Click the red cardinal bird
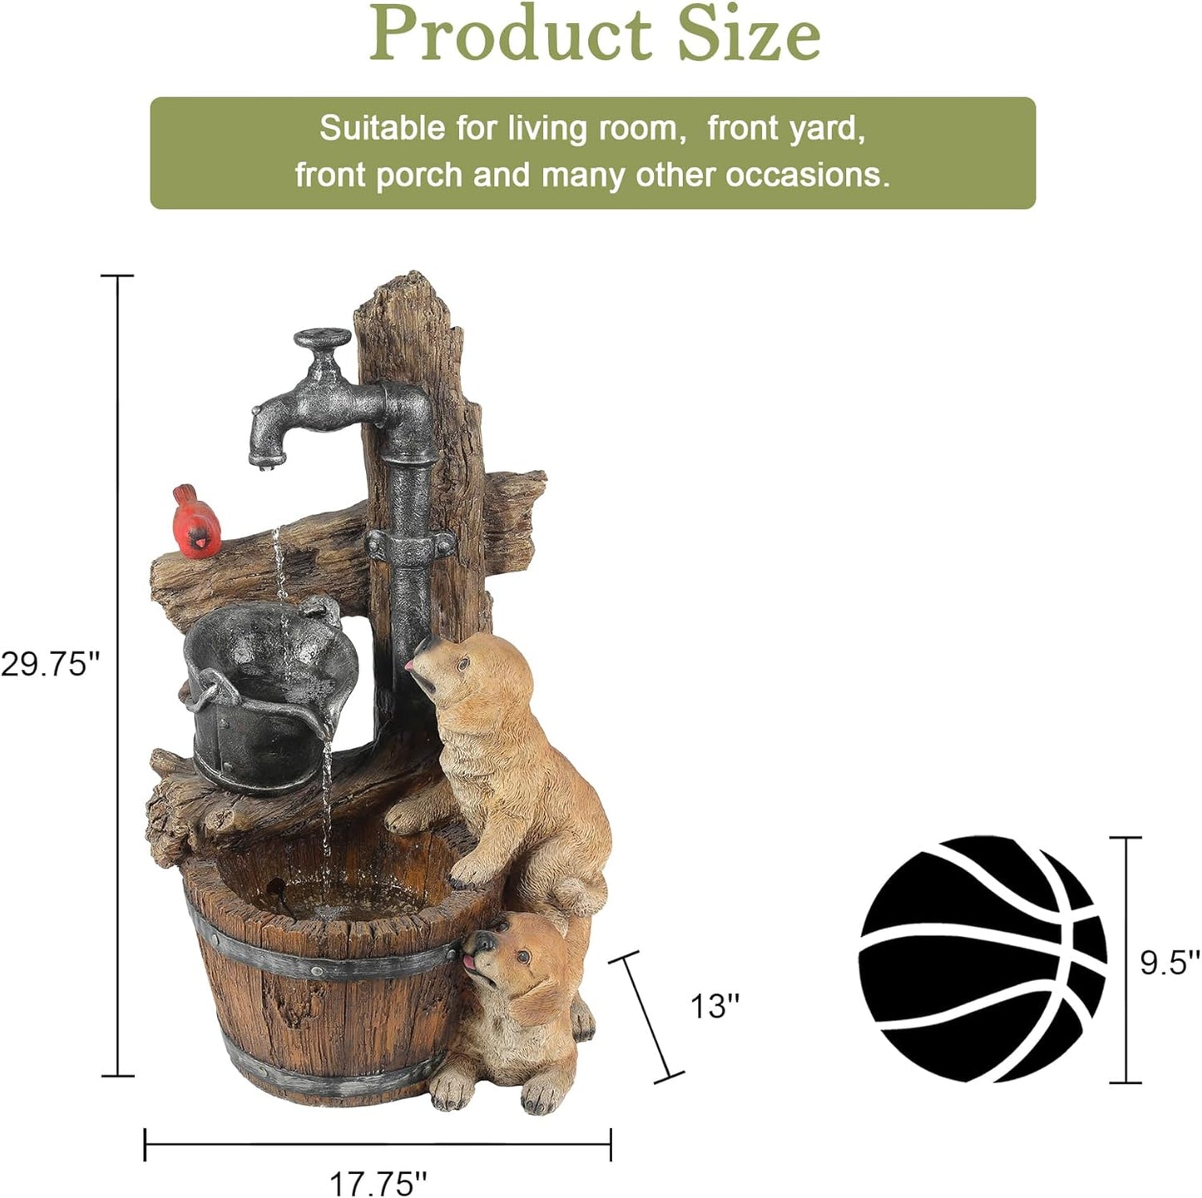coord(196,522)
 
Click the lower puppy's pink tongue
coord(471,963)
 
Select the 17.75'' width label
coord(378,1181)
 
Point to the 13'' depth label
coord(715,1006)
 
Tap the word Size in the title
coord(749,35)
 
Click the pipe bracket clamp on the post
coord(410,547)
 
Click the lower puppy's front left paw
coord(452,1091)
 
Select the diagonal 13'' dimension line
coord(646,1017)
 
